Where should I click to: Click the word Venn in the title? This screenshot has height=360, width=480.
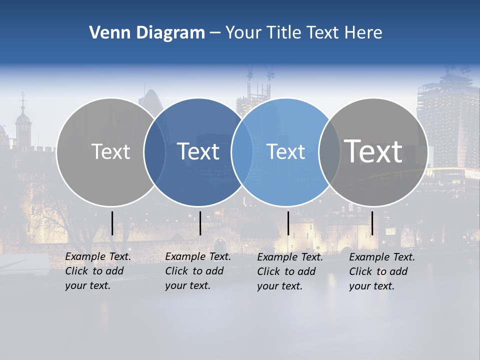tap(104, 33)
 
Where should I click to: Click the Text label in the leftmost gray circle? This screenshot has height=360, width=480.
tap(111, 151)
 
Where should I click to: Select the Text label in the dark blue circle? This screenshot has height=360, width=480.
tap(198, 151)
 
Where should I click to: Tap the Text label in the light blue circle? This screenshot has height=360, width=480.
tap(286, 151)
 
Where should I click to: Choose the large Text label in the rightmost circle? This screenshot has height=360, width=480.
tap(373, 151)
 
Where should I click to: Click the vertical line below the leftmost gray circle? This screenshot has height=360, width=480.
tap(112, 223)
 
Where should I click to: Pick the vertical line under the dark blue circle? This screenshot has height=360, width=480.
tap(200, 223)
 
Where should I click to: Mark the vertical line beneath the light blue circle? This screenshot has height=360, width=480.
tap(288, 223)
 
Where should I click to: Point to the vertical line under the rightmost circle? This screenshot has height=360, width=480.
tap(372, 223)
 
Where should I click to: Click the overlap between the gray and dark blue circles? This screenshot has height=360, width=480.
tap(155, 152)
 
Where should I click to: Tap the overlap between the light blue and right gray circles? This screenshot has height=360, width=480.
tap(330, 152)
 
